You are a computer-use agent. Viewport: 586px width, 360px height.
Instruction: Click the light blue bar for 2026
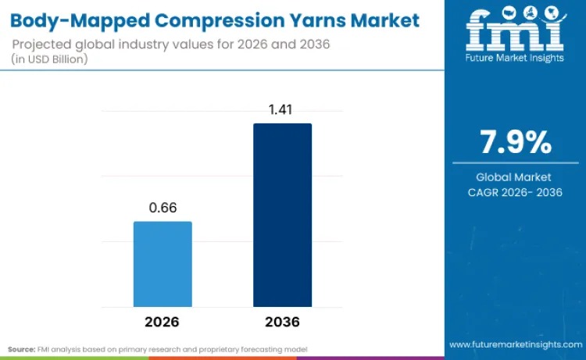[163, 264]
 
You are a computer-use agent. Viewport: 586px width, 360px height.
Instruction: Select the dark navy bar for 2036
[282, 215]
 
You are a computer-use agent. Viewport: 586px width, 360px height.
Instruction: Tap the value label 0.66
[163, 209]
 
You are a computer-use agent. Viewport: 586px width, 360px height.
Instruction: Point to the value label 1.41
[282, 110]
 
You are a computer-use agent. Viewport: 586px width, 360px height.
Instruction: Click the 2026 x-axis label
[163, 322]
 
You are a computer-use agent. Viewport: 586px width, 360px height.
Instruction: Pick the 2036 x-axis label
[282, 322]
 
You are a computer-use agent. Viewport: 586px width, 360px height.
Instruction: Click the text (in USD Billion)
[51, 59]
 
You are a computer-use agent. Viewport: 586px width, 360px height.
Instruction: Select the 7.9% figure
[515, 143]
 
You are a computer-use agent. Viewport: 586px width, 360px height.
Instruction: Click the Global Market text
[515, 176]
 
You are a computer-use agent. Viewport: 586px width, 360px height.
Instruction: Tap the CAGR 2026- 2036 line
[515, 192]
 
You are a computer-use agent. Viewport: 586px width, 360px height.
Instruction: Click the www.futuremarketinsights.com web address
[515, 344]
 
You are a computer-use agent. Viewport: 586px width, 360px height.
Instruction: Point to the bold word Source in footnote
[22, 348]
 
